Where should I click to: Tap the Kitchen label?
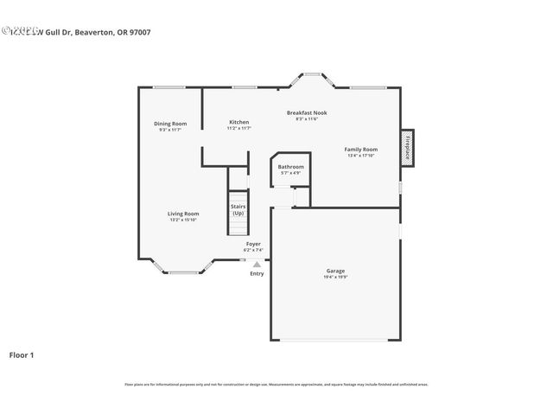pos(238,122)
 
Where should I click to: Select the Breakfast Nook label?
pos(307,112)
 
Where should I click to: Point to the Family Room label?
pos(361,150)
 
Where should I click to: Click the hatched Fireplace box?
pos(406,147)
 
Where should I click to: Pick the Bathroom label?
pos(290,166)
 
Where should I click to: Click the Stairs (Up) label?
pos(238,209)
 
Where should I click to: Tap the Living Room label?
pos(183,214)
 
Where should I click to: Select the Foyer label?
pos(253,244)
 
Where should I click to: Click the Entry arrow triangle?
pos(257,264)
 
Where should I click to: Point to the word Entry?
pos(257,274)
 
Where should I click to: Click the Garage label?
pos(335,271)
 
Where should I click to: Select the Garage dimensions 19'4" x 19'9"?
pos(335,278)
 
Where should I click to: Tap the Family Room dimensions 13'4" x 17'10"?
pos(361,156)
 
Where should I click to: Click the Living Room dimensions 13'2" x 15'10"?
pos(183,220)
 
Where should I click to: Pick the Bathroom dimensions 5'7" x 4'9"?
pos(290,173)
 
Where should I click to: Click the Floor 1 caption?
pos(22,354)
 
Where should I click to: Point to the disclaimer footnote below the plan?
pos(276,384)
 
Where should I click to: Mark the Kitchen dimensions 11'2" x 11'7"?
pos(238,128)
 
